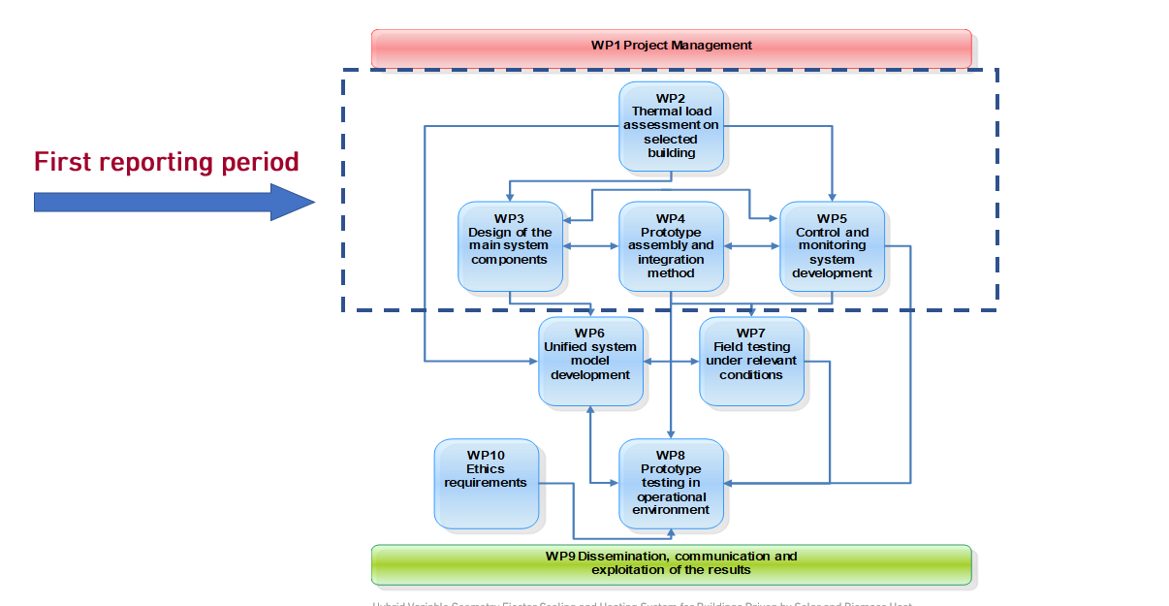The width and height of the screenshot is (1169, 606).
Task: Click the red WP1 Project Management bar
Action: (x=671, y=47)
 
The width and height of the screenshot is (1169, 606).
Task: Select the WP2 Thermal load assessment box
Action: (x=671, y=126)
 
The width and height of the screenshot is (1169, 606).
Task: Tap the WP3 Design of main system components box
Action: (x=510, y=246)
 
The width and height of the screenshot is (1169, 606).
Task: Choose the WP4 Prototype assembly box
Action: (x=671, y=246)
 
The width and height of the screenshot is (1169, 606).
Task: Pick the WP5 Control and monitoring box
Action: (x=832, y=246)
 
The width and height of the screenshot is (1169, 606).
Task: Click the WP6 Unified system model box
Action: (x=590, y=361)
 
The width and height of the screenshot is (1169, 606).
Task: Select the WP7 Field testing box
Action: (x=751, y=361)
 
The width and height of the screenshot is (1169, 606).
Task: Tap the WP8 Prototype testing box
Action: (x=671, y=483)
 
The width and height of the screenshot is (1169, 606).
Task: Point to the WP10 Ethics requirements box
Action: (x=486, y=483)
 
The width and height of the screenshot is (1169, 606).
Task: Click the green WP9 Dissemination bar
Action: (x=671, y=563)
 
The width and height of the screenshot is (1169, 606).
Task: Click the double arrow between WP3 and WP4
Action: (x=590, y=246)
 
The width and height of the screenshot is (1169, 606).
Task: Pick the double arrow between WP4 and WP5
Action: (x=751, y=246)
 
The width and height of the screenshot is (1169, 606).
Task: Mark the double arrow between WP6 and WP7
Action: (x=671, y=362)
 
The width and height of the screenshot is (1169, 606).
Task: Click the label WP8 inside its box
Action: (x=671, y=456)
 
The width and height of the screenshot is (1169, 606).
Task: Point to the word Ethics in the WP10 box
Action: (x=486, y=469)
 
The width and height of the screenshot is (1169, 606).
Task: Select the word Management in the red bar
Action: (x=715, y=45)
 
